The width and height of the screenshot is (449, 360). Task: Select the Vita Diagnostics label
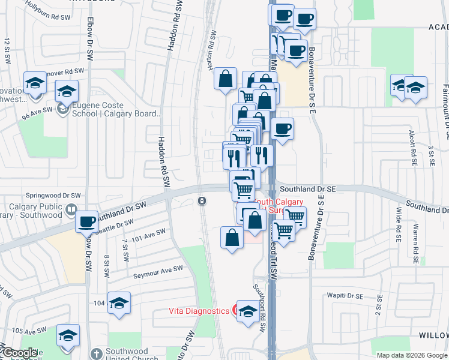pos(199,311)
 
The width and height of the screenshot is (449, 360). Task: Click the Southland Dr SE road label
pos(306,188)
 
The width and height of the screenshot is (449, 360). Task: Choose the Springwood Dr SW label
pos(53,196)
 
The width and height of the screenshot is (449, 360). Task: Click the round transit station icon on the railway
pos(202,200)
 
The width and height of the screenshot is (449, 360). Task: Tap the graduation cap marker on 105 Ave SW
pos(68,335)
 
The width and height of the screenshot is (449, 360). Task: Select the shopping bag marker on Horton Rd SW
pos(224,78)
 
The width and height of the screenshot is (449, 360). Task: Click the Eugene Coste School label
pos(109,109)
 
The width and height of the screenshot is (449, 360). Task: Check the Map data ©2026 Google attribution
pos(411,355)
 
